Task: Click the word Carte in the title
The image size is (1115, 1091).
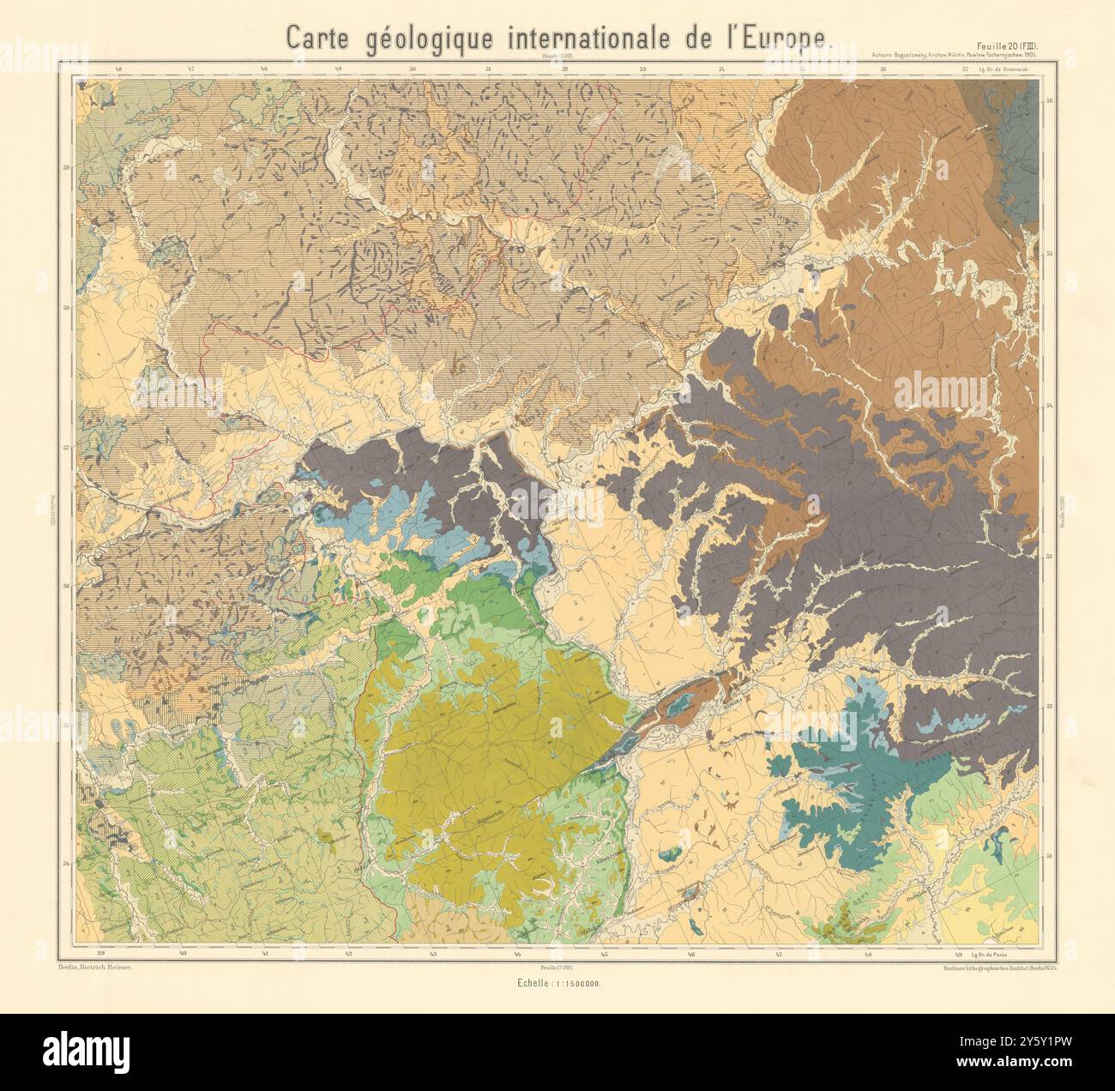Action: (318, 38)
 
